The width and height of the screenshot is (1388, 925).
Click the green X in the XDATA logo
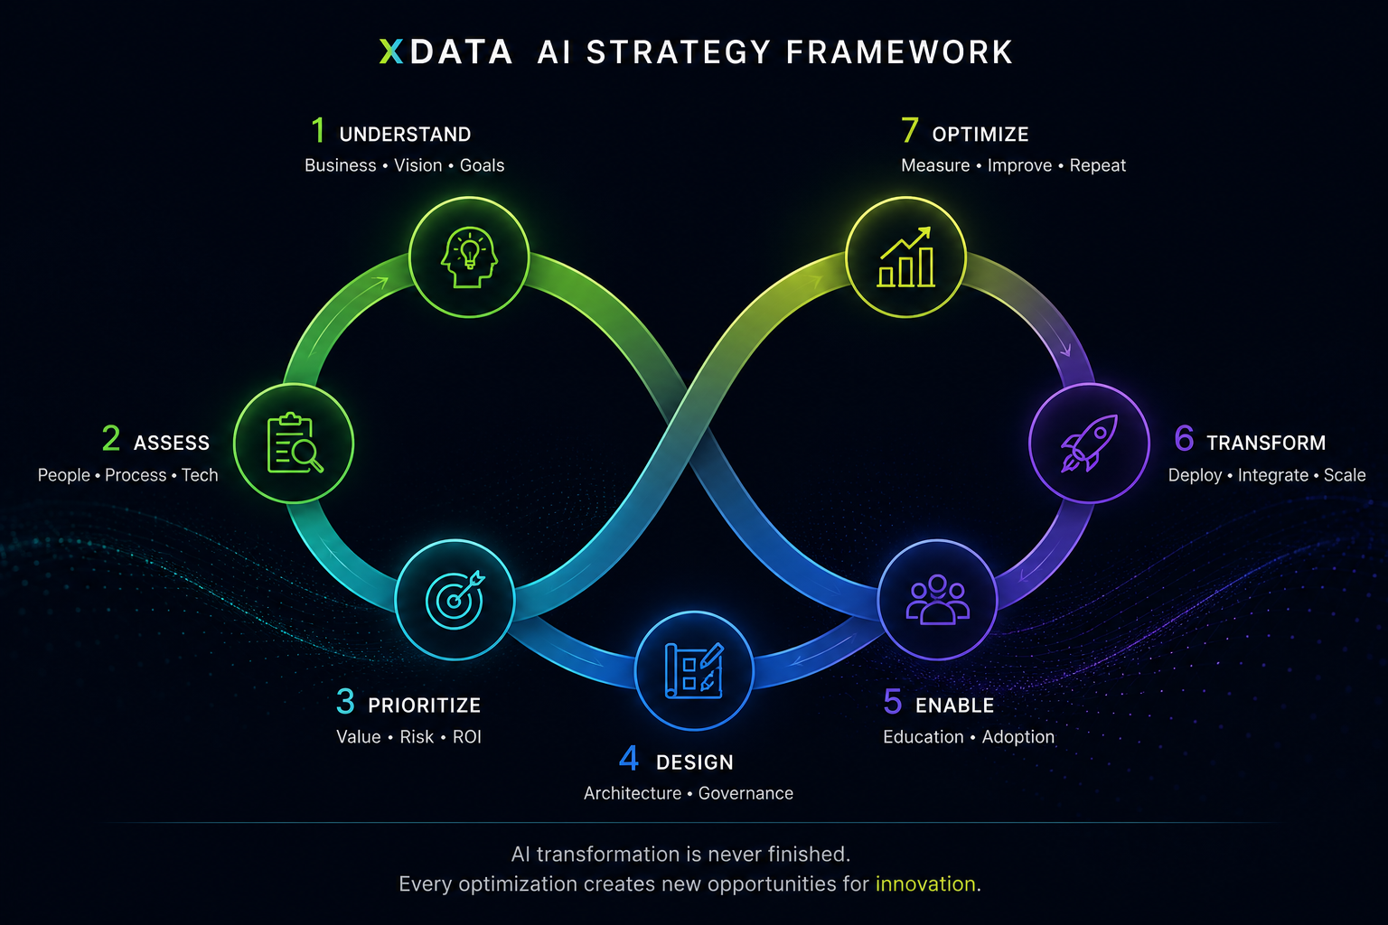[391, 51]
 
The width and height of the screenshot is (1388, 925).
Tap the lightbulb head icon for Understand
[469, 257]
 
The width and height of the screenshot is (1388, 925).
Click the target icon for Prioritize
[455, 599]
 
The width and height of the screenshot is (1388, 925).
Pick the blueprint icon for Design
[694, 671]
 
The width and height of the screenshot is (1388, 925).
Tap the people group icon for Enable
[937, 599]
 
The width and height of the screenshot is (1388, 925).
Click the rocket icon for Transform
[1089, 443]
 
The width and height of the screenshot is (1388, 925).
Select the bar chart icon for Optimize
[906, 257]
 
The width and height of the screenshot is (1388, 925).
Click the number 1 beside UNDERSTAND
[318, 131]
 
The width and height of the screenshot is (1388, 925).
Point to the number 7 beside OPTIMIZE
[910, 131]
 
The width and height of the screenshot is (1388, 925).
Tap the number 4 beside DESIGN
[629, 759]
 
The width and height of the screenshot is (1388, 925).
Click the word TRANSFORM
[1266, 443]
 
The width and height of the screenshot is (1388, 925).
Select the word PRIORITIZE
[425, 705]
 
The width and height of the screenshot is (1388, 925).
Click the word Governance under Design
[746, 793]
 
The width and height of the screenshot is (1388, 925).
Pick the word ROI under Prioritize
[467, 736]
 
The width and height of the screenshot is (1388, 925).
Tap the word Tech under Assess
[200, 475]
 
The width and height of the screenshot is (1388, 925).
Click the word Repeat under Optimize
[1097, 165]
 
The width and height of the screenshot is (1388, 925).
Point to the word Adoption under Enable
[1018, 736]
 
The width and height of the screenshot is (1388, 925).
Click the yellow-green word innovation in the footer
[925, 883]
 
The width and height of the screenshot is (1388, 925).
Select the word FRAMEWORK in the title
[899, 52]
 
